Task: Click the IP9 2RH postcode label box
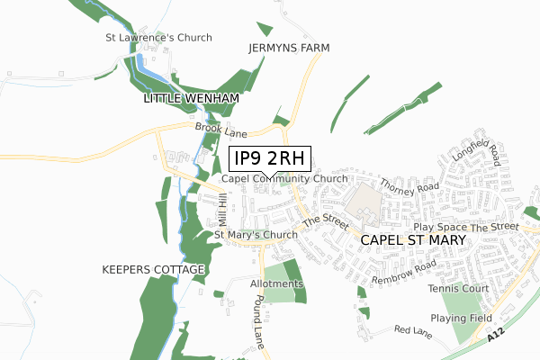pos(270,159)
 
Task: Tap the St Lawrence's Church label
pos(158,38)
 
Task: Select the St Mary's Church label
pos(256,236)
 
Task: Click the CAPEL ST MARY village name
pos(413,241)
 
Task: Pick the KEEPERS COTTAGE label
pos(154,270)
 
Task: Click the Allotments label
pos(277,284)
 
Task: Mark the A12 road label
pos(493,334)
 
